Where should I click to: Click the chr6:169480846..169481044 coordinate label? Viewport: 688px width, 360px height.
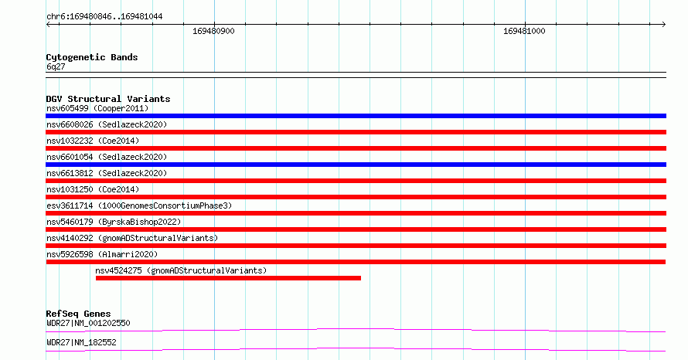[104, 17]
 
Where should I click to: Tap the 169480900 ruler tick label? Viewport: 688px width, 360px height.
[213, 31]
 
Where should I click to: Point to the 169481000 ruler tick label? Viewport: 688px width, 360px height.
[524, 31]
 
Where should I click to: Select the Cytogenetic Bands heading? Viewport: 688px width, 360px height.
[92, 57]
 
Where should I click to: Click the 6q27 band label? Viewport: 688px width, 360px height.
[56, 66]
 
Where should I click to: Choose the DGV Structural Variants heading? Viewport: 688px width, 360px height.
[108, 99]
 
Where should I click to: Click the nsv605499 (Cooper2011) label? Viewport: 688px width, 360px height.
[97, 108]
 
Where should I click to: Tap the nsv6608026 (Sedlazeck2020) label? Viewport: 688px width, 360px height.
[107, 124]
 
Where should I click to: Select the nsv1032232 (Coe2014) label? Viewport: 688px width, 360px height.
[93, 141]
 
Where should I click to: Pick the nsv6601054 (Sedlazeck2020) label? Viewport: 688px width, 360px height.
[107, 157]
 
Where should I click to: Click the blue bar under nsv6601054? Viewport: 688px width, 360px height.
[356, 165]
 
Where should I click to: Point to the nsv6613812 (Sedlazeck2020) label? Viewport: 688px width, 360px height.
[107, 173]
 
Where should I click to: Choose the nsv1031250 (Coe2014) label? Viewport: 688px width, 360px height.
[93, 189]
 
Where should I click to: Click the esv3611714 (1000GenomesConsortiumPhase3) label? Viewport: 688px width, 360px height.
[139, 205]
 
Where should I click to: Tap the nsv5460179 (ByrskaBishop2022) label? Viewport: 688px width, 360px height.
[114, 222]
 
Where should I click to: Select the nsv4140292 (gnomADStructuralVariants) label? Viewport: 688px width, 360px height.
[132, 238]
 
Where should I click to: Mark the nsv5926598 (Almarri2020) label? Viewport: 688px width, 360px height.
[102, 254]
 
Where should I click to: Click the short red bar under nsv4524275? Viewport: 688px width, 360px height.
[228, 278]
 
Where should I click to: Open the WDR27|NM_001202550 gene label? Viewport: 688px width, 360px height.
[88, 323]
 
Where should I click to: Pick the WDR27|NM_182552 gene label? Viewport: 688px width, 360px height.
[81, 342]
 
